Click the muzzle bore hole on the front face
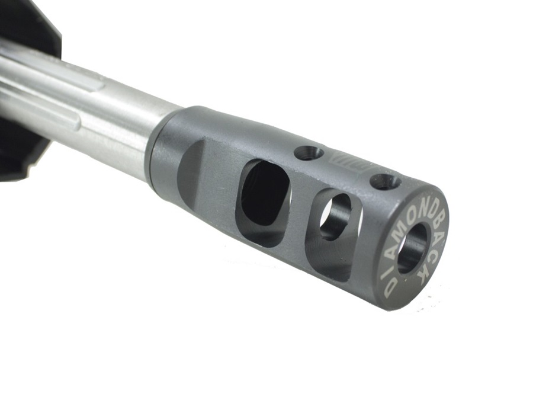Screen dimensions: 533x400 pyautogui.click(x=412, y=248)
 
